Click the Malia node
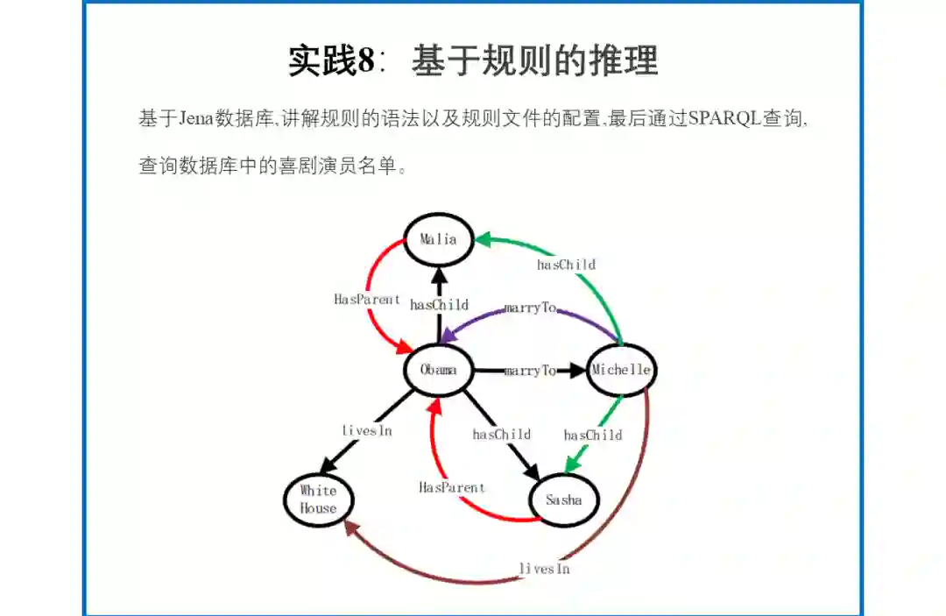tap(438, 239)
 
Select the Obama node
tap(438, 370)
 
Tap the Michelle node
tap(621, 370)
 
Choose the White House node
tap(318, 499)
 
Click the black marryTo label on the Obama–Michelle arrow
tap(530, 371)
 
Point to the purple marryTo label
tap(530, 308)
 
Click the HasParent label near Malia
tap(367, 299)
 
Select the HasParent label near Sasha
tap(451, 487)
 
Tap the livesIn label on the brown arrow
tap(544, 569)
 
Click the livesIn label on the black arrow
tap(366, 430)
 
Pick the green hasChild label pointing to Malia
tap(566, 264)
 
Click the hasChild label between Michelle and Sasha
tap(593, 435)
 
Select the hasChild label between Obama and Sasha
tap(501, 434)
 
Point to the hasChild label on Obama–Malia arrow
tap(439, 305)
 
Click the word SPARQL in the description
tap(724, 118)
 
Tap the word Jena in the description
tap(199, 118)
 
